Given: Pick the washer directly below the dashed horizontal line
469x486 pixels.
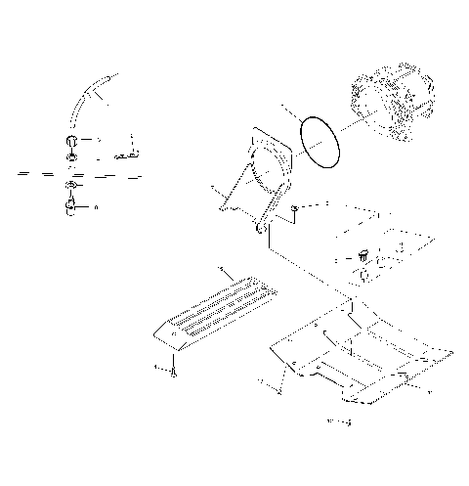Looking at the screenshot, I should (72, 186).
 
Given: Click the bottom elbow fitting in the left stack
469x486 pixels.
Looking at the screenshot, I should (72, 205).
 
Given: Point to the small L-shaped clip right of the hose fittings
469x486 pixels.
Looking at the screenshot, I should (125, 154).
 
